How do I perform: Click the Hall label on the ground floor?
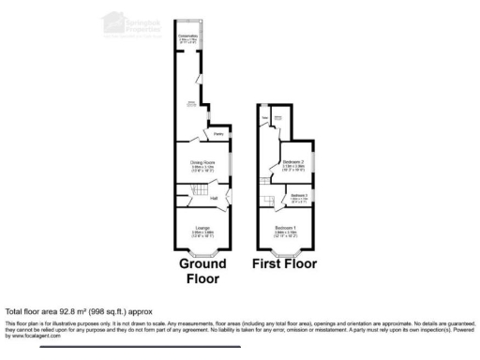pos(214,198)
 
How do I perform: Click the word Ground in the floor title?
pos(203,264)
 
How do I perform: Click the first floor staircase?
pos(273,201)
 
